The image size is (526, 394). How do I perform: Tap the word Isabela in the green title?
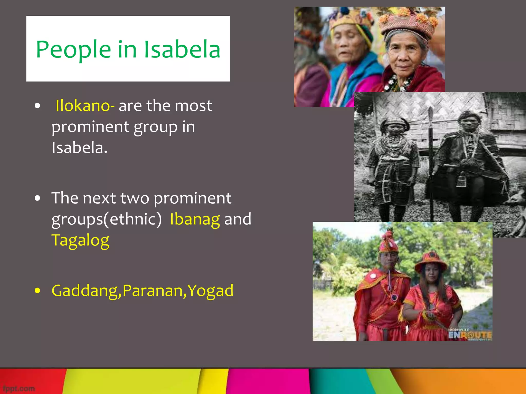(182, 49)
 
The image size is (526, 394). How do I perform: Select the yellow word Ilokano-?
(85, 105)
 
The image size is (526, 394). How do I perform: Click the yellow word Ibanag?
(195, 219)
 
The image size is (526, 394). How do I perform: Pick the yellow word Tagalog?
(80, 241)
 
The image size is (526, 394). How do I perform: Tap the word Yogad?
(210, 291)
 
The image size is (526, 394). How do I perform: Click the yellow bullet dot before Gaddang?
(37, 291)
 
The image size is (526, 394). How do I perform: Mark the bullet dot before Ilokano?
(37, 106)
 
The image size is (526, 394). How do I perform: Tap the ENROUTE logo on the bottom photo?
(470, 335)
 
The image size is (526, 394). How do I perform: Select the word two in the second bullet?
(135, 198)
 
